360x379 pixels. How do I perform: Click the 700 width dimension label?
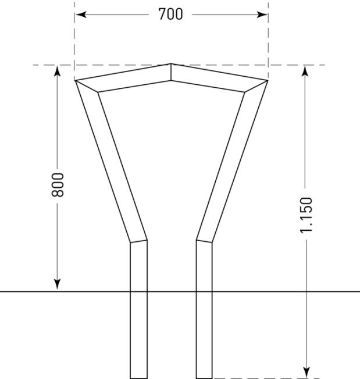[170, 14]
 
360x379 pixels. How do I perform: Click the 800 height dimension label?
[58, 185]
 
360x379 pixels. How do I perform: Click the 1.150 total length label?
[306, 215]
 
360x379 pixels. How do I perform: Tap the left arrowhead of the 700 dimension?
[81, 15]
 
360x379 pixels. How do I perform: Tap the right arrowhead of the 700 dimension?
[262, 15]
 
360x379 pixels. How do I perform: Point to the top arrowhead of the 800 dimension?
[58, 70]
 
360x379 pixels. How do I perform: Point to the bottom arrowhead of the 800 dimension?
[58, 284]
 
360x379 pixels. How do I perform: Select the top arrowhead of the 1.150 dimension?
[305, 70]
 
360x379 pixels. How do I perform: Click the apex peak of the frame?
[171, 64]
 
